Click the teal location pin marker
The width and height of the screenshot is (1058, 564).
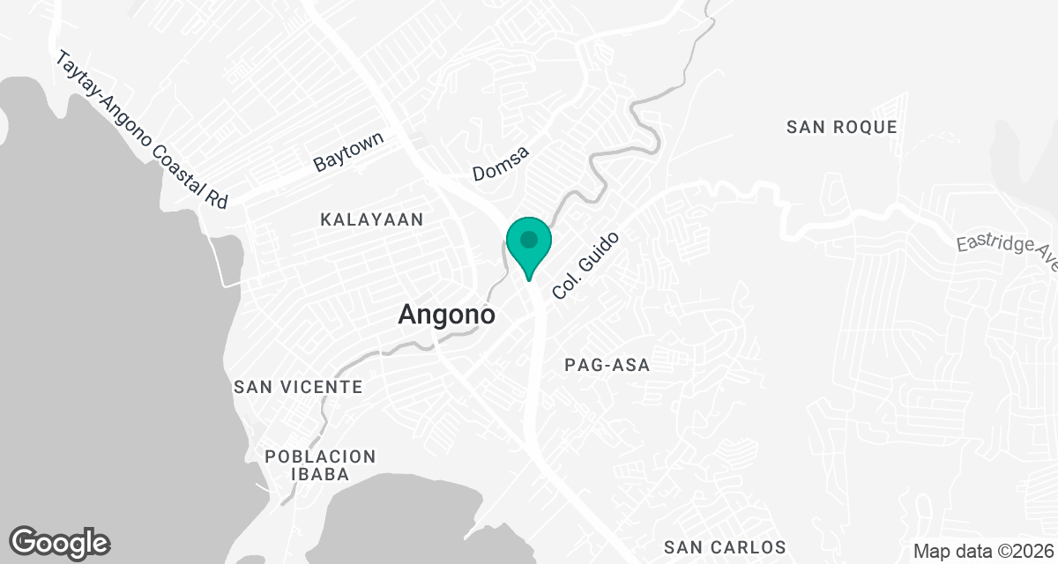click(529, 246)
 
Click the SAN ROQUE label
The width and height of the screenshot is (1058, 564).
click(842, 127)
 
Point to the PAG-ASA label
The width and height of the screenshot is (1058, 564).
click(607, 365)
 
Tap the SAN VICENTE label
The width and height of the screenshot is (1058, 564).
click(298, 387)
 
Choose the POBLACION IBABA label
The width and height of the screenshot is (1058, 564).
click(321, 465)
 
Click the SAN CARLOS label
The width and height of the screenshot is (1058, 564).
click(725, 547)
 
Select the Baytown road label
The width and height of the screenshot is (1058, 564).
click(349, 152)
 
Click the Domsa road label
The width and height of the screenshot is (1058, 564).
click(501, 163)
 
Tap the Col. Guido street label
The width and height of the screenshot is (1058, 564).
click(585, 264)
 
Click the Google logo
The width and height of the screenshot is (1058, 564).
click(59, 542)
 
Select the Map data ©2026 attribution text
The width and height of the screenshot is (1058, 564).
click(982, 552)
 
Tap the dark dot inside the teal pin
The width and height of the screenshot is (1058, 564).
click(529, 239)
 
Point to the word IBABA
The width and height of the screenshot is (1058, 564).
click(321, 475)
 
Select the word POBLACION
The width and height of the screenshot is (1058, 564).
click(321, 456)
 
